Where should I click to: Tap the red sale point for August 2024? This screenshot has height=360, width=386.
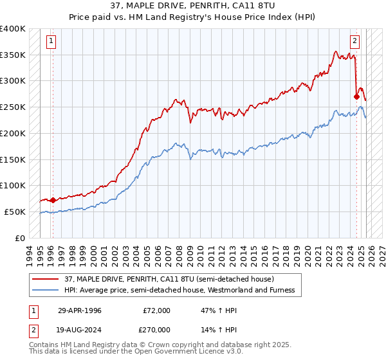coord(356,96)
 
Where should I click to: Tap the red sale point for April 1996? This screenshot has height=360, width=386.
coord(53,200)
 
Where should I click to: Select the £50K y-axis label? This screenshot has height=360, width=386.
coord(15,212)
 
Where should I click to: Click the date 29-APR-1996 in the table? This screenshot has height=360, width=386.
coord(80,310)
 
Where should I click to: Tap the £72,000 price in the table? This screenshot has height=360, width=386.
coord(156,310)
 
